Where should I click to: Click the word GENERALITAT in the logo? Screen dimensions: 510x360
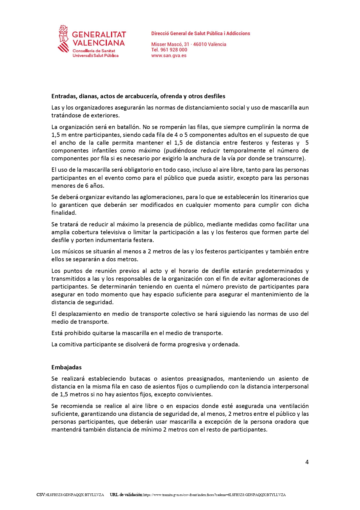(x=99, y=35)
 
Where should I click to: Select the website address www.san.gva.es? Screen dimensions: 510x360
(x=169, y=56)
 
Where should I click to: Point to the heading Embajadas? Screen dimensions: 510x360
(x=66, y=367)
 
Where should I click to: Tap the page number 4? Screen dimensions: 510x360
(x=307, y=462)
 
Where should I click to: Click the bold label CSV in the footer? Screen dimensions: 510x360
(x=41, y=495)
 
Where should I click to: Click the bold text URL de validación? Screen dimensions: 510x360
(x=126, y=495)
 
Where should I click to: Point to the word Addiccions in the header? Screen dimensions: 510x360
(x=238, y=33)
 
